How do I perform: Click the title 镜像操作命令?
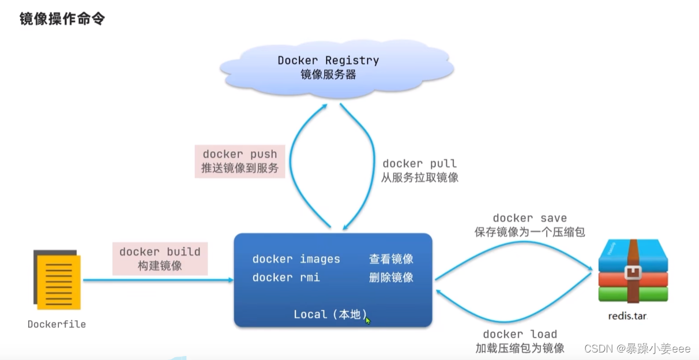62,19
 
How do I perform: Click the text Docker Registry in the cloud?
328,60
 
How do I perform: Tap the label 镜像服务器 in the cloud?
328,74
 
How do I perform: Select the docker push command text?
240,154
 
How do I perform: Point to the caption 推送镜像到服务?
240,168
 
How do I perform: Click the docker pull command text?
420,164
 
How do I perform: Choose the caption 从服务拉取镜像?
420,178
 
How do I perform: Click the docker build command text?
160,252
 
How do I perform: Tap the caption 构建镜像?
160,265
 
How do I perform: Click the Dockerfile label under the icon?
57,324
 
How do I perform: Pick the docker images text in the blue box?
296,259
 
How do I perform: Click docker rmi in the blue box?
286,277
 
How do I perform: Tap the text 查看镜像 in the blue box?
391,259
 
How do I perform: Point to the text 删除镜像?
391,277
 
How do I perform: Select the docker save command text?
530,218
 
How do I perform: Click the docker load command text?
520,334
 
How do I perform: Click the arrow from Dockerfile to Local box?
156,280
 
